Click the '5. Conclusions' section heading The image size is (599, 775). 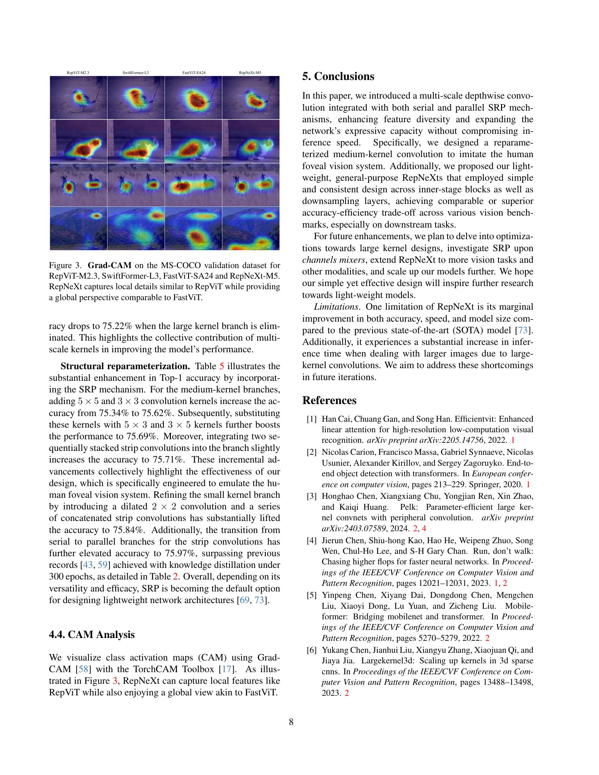click(x=338, y=76)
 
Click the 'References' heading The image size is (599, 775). click(x=329, y=400)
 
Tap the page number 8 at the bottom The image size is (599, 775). click(x=291, y=722)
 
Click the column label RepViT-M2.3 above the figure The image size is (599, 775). click(x=78, y=73)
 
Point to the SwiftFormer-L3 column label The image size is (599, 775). click(x=136, y=73)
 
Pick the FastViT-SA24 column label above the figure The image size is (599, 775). click(x=193, y=73)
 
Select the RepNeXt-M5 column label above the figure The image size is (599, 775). click(x=250, y=73)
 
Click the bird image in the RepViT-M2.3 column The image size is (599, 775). click(x=78, y=98)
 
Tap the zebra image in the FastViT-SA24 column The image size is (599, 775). click(x=193, y=185)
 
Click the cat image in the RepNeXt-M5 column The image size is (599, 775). click(x=251, y=141)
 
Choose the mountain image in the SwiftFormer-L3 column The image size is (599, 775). click(x=136, y=229)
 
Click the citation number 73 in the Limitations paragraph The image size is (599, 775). click(x=523, y=330)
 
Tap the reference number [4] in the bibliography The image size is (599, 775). click(x=311, y=540)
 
